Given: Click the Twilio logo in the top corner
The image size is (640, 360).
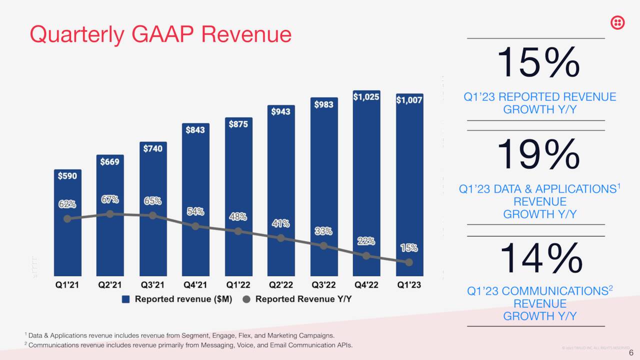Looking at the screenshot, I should pos(618,22).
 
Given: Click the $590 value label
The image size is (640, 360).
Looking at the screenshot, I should pos(67,176).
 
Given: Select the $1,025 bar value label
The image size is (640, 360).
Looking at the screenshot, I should pos(366,96).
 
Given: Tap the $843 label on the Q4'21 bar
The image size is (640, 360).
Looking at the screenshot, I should pos(195,130).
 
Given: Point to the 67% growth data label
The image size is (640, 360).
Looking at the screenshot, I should pos(110,199).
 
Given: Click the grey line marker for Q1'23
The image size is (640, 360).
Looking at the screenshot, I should pos(409,262).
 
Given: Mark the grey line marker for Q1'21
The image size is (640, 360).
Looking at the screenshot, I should pos(67,218).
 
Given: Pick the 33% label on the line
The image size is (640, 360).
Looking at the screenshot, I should pos(323,231).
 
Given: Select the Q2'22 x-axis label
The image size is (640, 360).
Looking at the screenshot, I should pos(280,285).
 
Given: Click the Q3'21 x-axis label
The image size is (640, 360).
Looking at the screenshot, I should pos(152,285).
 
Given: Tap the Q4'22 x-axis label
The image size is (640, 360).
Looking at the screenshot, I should pos(366,285).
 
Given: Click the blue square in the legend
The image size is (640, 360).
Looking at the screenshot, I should pos(126,299).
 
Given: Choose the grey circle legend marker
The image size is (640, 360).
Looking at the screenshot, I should pos(246,299).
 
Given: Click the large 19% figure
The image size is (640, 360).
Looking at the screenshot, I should pos(538,155).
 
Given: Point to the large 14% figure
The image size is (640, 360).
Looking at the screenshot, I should pos(540,258).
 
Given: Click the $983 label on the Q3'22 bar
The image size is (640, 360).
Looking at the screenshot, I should pos(323,104).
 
